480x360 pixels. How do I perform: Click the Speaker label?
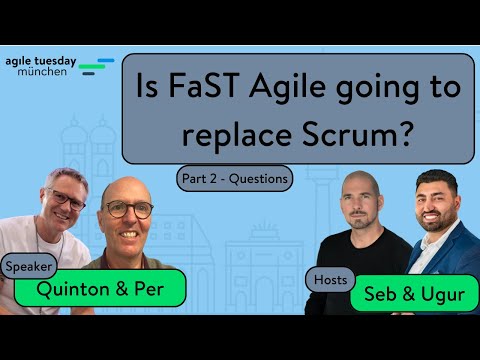30,267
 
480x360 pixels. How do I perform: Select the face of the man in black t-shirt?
362,203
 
